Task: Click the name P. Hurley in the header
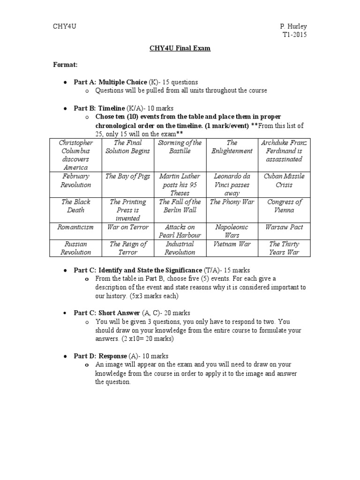click(x=293, y=26)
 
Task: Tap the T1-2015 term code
click(x=294, y=35)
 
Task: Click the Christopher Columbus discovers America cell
click(x=76, y=155)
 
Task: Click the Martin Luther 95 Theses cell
click(x=180, y=184)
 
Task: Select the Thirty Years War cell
click(x=284, y=248)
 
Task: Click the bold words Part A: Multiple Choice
click(x=110, y=82)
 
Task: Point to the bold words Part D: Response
click(x=100, y=356)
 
